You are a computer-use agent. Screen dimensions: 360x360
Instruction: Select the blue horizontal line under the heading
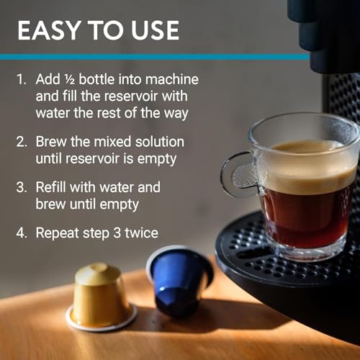(144, 56)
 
